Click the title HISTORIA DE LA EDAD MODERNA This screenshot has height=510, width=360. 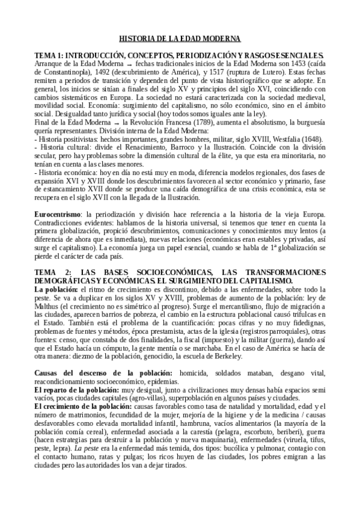coord(180,38)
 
